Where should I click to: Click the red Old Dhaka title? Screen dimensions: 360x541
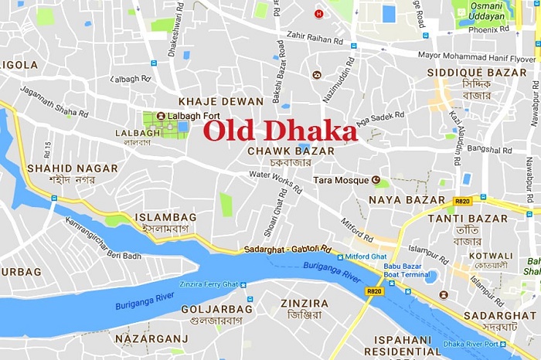281,131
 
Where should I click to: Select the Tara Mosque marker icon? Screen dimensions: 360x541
377,180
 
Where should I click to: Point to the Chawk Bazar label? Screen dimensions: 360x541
279,151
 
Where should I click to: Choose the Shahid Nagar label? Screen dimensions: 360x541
73,168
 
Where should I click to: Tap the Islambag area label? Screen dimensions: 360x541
165,218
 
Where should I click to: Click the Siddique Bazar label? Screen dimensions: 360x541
466,72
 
